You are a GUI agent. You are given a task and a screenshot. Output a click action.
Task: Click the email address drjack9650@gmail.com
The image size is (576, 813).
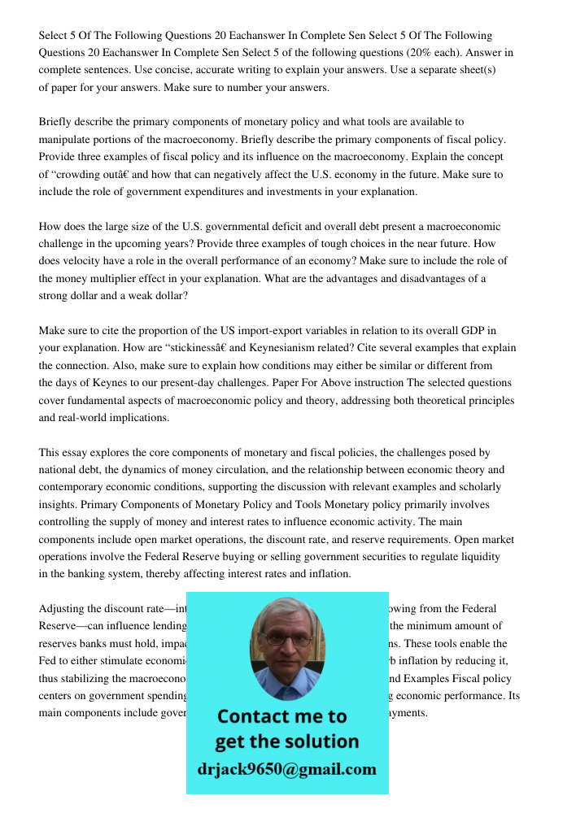[286, 769]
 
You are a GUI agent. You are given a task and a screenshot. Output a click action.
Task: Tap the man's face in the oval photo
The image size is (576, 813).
[286, 642]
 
